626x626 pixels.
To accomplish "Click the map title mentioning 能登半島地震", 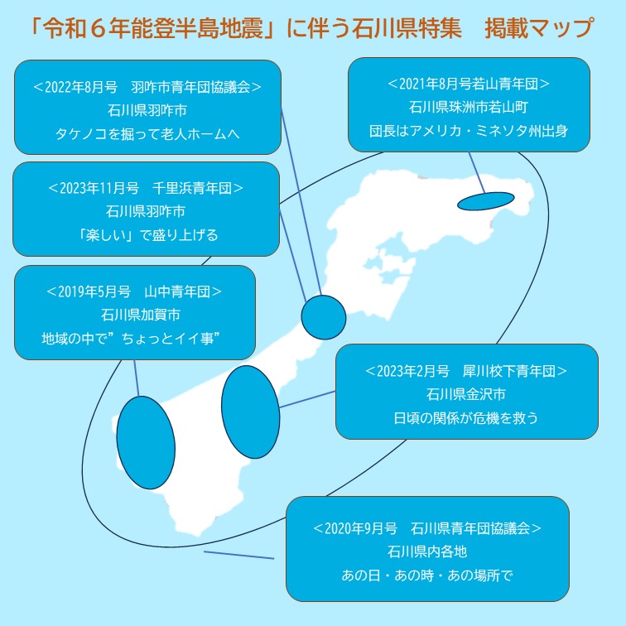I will (x=312, y=29).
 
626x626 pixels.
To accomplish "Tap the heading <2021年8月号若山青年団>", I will (x=468, y=84).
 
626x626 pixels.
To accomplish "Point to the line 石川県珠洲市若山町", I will (x=468, y=108).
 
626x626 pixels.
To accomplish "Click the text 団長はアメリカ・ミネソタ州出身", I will (x=468, y=131).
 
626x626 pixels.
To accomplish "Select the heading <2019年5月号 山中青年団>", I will (x=134, y=291).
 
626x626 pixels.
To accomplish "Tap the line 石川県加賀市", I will (x=134, y=315).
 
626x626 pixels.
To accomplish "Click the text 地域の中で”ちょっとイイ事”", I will (x=134, y=339).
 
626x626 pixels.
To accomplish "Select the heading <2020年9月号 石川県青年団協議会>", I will (x=427, y=527).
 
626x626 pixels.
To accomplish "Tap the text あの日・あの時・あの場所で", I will (x=427, y=574).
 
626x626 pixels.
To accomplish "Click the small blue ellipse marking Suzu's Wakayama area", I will (x=485, y=201).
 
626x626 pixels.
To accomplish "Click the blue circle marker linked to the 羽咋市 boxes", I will (x=323, y=316).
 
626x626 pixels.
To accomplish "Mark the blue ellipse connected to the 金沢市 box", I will (x=250, y=412).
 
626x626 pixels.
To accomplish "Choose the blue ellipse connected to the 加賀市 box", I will (x=146, y=441).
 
